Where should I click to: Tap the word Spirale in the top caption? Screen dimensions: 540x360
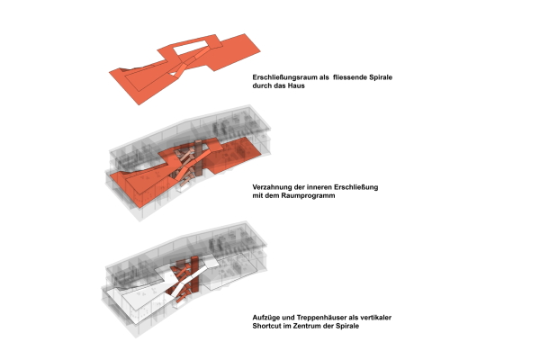[x=381, y=77]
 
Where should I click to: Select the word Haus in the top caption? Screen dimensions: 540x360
[x=296, y=85]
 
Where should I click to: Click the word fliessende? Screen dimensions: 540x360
[x=350, y=77]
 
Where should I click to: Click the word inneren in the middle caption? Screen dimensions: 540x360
[x=319, y=187]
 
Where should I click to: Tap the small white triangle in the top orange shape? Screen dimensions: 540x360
[x=173, y=74]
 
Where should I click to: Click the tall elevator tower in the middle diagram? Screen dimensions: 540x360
[x=199, y=157]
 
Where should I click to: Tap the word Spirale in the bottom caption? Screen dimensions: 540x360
[x=347, y=326]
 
